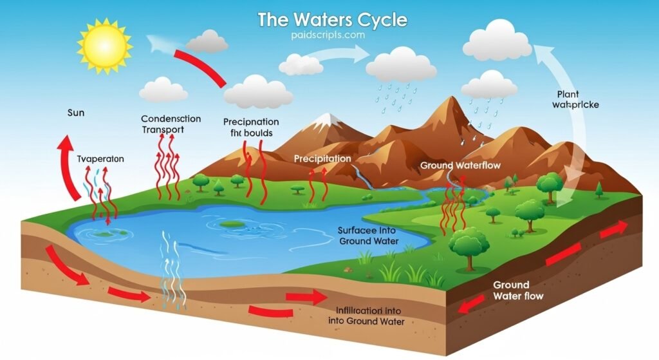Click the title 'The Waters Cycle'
pos(332,19)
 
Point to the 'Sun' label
pos(76,113)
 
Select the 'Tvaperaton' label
pos(100,158)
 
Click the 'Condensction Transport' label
pos(171,124)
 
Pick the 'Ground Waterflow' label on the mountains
pos(460,166)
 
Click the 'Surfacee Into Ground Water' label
pos(369,236)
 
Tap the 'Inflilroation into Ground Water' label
pos(362,315)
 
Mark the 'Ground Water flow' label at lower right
pos(517,290)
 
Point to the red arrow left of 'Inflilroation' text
pos(307,297)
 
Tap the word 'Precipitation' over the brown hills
pos(322,158)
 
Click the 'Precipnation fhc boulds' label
pos(251,128)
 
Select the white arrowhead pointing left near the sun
pos(156,43)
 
